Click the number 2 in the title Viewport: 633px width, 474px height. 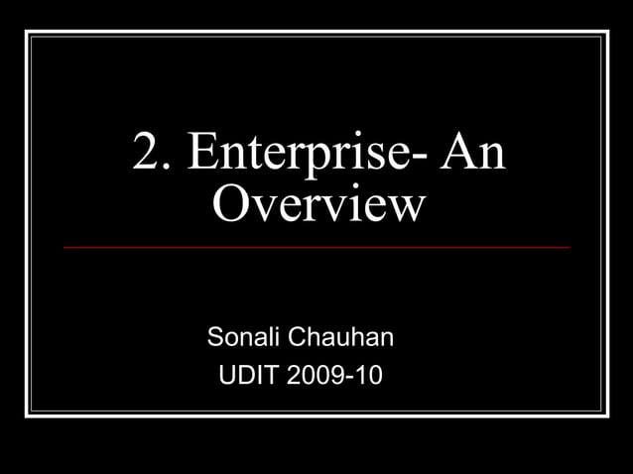click(x=148, y=155)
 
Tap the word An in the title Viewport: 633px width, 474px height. click(x=472, y=155)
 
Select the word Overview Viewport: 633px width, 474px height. click(x=318, y=205)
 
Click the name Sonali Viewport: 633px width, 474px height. click(x=243, y=337)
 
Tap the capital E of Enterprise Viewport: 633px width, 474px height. click(x=202, y=155)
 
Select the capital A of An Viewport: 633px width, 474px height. click(x=457, y=155)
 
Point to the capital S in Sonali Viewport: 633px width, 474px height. click(x=215, y=337)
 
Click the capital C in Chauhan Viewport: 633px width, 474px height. click(x=297, y=337)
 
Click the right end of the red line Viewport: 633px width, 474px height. click(x=569, y=247)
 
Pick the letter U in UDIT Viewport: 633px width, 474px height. click(x=224, y=377)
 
